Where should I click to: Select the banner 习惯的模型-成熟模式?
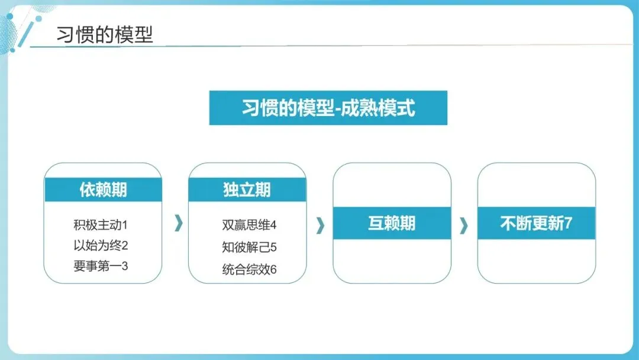coord(328,108)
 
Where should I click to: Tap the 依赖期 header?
coord(103,189)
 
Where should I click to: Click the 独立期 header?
coord(247,189)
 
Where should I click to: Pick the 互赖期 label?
coord(392,223)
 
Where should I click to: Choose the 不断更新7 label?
coord(536,223)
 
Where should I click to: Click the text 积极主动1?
coord(101,225)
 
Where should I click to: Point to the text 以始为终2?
coord(101,245)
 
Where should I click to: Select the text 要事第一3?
coord(101,266)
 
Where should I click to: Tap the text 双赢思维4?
coord(249,225)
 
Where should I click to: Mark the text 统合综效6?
coord(249,269)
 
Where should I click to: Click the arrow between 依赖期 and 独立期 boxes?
coord(179,223)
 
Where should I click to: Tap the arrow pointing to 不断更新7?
coord(464,225)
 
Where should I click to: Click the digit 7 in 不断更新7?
coord(568,224)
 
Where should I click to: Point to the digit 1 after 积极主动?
coord(125,225)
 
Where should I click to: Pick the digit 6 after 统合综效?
coord(273,269)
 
